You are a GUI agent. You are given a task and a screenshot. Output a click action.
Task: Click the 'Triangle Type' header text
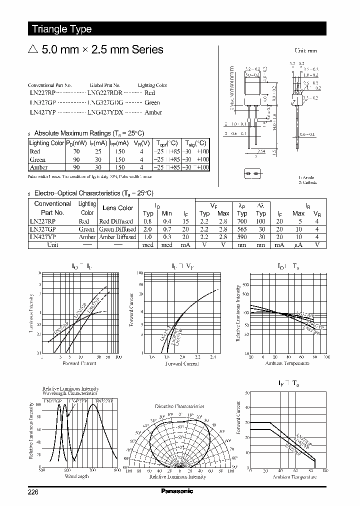(62, 29)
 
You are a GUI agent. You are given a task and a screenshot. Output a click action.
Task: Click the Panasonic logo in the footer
(177, 491)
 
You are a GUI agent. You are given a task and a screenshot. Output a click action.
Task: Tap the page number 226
(33, 491)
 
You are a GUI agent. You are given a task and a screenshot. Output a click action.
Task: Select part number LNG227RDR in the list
(105, 93)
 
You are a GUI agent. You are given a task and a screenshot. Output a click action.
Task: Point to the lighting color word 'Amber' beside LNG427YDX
(153, 112)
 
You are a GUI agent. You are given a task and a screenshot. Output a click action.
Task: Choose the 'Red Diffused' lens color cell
(116, 221)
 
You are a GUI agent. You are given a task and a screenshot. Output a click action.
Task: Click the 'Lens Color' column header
(117, 208)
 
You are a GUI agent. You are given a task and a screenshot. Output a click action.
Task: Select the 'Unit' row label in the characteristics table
(52, 245)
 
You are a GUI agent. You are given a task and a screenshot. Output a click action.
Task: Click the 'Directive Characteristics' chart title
(179, 406)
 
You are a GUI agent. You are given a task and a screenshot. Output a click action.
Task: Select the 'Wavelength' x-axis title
(76, 476)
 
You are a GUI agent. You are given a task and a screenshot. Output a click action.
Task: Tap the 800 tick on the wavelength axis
(116, 470)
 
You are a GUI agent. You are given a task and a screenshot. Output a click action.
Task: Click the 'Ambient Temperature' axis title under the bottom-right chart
(294, 477)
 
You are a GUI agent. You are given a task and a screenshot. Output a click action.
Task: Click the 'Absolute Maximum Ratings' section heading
(89, 133)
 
